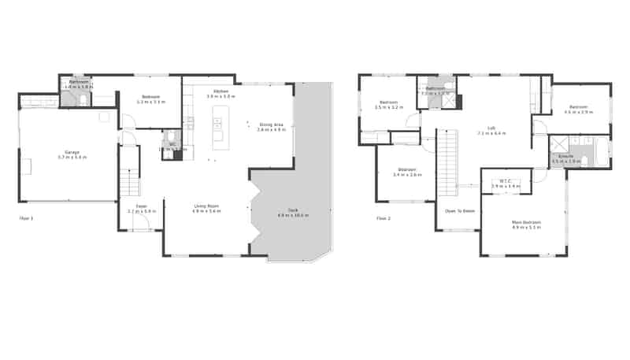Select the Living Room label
tap(206, 206)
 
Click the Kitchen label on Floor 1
tap(220, 91)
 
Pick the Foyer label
tap(142, 206)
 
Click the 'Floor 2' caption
tap(383, 217)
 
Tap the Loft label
tap(491, 128)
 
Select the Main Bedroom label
tap(526, 222)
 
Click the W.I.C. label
tap(506, 181)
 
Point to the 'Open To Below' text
tap(459, 210)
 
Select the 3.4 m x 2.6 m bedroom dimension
tap(407, 174)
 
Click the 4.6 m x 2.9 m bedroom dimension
tap(579, 111)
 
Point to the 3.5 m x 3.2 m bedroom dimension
tap(390, 106)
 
